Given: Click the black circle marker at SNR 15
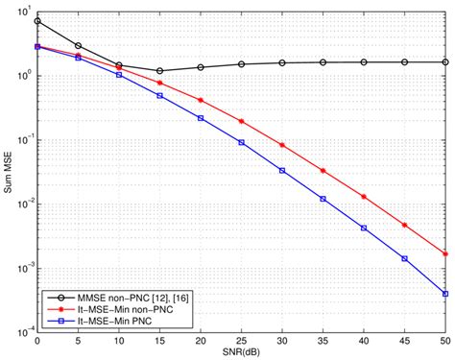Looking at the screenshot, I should coord(160,71).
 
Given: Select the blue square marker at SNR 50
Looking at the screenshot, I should coord(445,293).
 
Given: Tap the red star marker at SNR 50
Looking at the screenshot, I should coord(445,253).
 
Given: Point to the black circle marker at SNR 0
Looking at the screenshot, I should coord(37,21).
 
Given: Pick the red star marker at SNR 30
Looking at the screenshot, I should coord(282,145).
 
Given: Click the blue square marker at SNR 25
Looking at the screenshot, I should coord(242,142).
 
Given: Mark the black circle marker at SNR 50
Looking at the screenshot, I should coord(445,61).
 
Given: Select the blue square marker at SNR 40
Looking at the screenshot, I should coord(364,228).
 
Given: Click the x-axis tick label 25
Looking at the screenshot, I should coord(242,342).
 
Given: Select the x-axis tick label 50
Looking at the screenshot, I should coord(445,342).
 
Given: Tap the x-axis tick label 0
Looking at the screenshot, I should coord(37,342).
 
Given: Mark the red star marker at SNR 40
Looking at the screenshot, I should coord(364,196).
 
